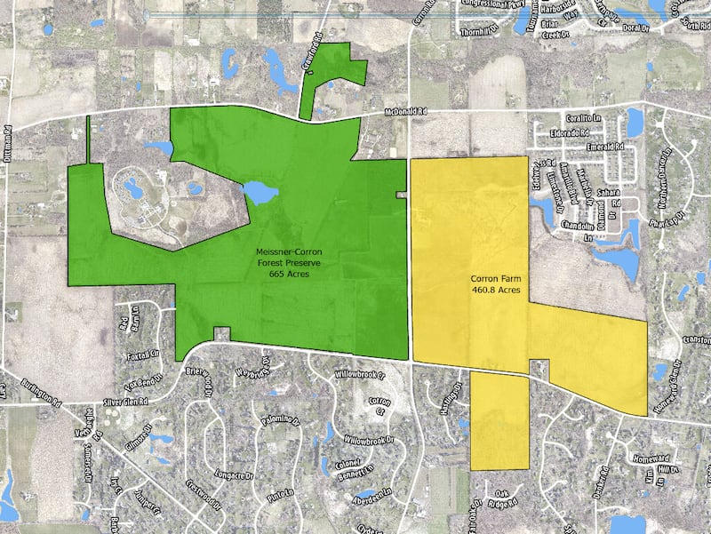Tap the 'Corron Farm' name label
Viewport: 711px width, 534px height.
coord(495,278)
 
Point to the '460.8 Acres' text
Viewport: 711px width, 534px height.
coord(495,290)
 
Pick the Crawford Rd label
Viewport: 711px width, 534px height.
coord(316,60)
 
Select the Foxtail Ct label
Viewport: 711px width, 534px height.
coord(141,354)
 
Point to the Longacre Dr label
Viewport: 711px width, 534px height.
coord(232,450)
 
